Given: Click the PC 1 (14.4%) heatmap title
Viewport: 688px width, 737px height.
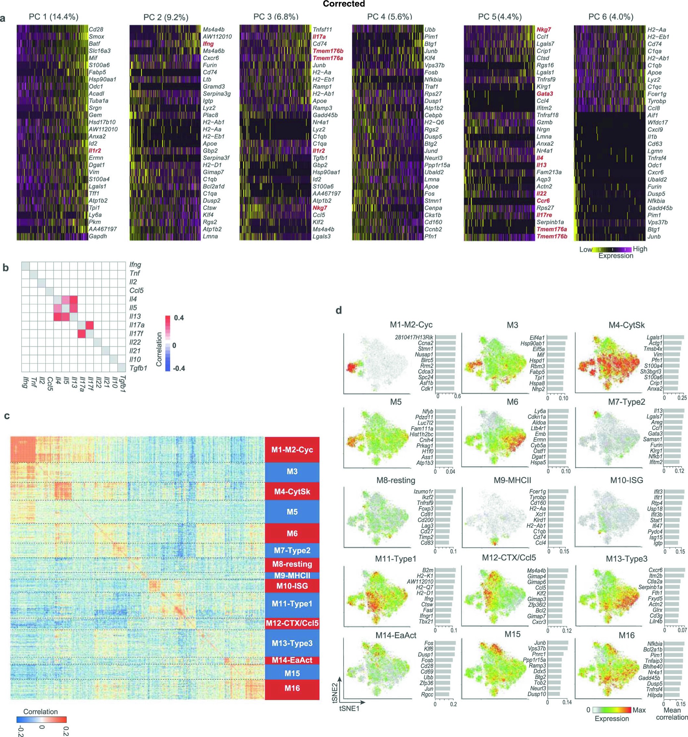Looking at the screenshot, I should (x=53, y=17).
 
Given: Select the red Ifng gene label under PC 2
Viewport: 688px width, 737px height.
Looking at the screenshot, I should (x=208, y=44).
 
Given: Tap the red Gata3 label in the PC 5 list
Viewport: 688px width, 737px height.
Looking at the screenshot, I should (x=545, y=94).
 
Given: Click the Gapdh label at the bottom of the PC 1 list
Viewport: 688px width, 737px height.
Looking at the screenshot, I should (x=98, y=236).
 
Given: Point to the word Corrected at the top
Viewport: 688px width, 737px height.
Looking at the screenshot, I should (x=344, y=4).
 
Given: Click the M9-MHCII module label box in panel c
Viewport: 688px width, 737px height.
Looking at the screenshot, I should (x=292, y=575).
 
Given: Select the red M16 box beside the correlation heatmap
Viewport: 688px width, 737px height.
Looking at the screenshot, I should (x=292, y=688).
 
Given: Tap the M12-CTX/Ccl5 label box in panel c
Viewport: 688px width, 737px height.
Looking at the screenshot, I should (x=292, y=623).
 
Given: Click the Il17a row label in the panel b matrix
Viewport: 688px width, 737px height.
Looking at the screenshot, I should (x=137, y=325).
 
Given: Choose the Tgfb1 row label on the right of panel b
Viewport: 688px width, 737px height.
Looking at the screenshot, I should (x=138, y=368).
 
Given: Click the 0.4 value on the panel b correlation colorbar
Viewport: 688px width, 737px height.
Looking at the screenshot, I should (x=178, y=318).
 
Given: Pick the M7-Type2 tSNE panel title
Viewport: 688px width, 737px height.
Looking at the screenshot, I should (x=626, y=402).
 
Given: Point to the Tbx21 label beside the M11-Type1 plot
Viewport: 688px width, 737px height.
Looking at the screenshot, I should (x=426, y=621).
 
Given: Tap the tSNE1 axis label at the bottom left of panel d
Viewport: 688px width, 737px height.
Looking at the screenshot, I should (x=349, y=709).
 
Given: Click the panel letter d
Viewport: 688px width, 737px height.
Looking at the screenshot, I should (x=338, y=310).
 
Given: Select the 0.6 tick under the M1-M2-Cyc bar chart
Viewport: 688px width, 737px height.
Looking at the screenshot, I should (x=457, y=396).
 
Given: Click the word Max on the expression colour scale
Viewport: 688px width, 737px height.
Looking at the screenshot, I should (x=639, y=710).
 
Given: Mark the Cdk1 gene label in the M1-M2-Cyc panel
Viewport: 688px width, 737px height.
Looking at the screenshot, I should (x=427, y=389).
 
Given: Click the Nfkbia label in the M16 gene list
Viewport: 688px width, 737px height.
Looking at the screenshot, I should (x=655, y=644).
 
